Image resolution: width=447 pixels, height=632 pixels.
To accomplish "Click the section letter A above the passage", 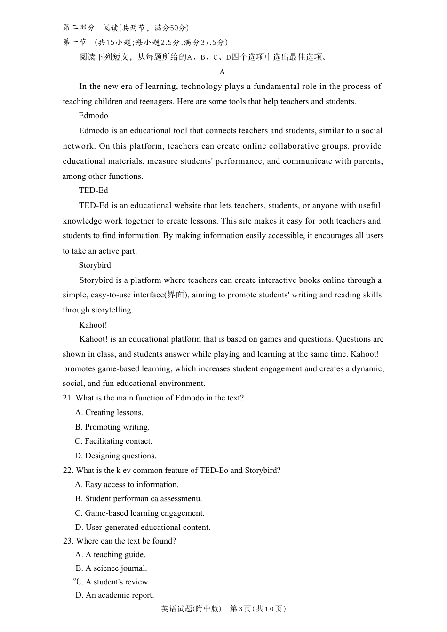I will pyautogui.click(x=222, y=72).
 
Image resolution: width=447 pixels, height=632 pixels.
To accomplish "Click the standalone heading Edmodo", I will pyautogui.click(x=93, y=116).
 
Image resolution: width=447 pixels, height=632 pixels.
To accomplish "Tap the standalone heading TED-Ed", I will pyautogui.click(x=93, y=191).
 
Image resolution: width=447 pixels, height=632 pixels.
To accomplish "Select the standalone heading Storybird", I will pyautogui.click(x=95, y=265).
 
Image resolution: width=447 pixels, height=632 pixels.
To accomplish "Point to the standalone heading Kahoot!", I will pyautogui.click(x=93, y=325).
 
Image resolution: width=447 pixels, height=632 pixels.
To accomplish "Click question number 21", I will pyautogui.click(x=68, y=398).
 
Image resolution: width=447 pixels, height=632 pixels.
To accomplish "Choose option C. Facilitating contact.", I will pyautogui.click(x=113, y=441).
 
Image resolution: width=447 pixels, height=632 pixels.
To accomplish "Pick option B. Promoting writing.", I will pyautogui.click(x=112, y=427).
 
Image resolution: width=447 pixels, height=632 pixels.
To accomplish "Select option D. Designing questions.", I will pyautogui.click(x=116, y=456).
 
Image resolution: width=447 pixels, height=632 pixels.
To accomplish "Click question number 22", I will pyautogui.click(x=68, y=471).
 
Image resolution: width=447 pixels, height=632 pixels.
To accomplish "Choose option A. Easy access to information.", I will pyautogui.click(x=127, y=485).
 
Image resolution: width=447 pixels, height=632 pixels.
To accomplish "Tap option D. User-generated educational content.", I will pyautogui.click(x=143, y=528).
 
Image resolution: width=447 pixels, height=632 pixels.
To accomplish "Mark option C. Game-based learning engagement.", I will pyautogui.click(x=140, y=513).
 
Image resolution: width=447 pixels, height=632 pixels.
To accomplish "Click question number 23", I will pyautogui.click(x=68, y=541).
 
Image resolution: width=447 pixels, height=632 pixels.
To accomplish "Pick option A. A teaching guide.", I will pyautogui.click(x=111, y=555).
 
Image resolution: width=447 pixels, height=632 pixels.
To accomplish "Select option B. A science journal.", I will pyautogui.click(x=111, y=568).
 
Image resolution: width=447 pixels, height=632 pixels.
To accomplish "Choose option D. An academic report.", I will pyautogui.click(x=115, y=595).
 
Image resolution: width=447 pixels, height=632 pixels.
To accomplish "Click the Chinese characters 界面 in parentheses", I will pyautogui.click(x=176, y=295).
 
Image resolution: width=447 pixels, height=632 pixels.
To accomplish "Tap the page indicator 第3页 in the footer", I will pyautogui.click(x=240, y=609).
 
